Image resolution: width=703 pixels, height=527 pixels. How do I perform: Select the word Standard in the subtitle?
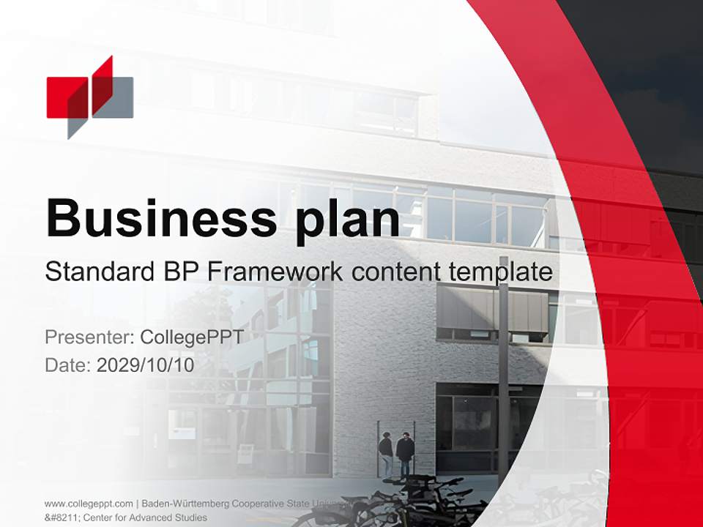coord(98,272)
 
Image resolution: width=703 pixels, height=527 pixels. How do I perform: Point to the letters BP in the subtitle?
coord(179,272)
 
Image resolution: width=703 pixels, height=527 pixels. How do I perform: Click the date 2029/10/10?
coord(146,365)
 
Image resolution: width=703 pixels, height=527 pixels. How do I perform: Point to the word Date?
coord(68,365)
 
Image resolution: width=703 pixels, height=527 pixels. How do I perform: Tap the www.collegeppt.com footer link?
coord(89,504)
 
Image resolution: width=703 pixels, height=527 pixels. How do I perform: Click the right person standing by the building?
coord(405,454)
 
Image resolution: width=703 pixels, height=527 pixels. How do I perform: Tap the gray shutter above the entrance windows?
coord(492,307)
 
